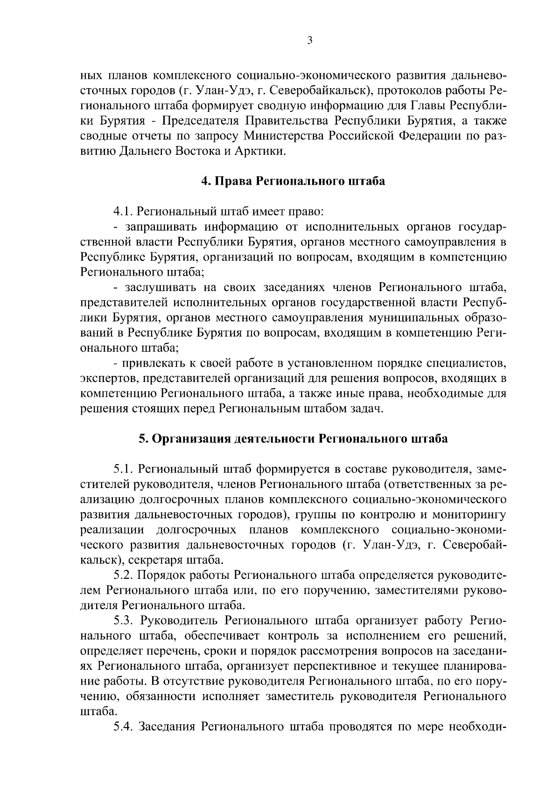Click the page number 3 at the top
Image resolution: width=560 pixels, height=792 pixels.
click(x=310, y=41)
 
